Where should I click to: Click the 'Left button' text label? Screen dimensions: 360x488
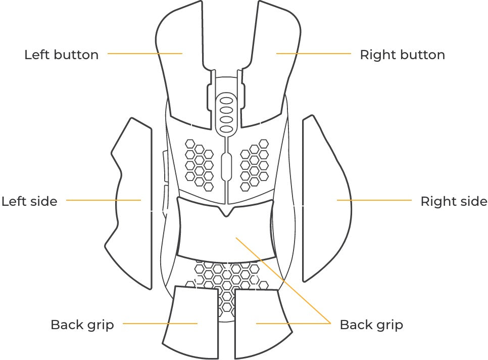coord(61,55)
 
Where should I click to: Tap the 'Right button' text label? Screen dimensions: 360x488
coord(402,55)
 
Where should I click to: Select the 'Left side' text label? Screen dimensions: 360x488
coord(29,201)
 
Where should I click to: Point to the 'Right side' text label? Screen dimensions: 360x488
coord(454,201)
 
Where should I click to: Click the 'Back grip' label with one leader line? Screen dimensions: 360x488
coord(82,324)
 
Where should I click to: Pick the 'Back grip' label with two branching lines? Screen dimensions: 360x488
coord(371,324)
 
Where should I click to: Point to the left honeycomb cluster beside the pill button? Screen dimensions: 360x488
coord(199,161)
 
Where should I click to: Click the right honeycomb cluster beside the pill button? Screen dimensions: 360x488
coord(254,161)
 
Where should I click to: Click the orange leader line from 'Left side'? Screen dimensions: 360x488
coord(103,200)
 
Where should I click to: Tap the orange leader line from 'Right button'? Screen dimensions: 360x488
coord(313,53)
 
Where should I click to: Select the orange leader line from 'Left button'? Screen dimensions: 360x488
coord(144,53)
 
